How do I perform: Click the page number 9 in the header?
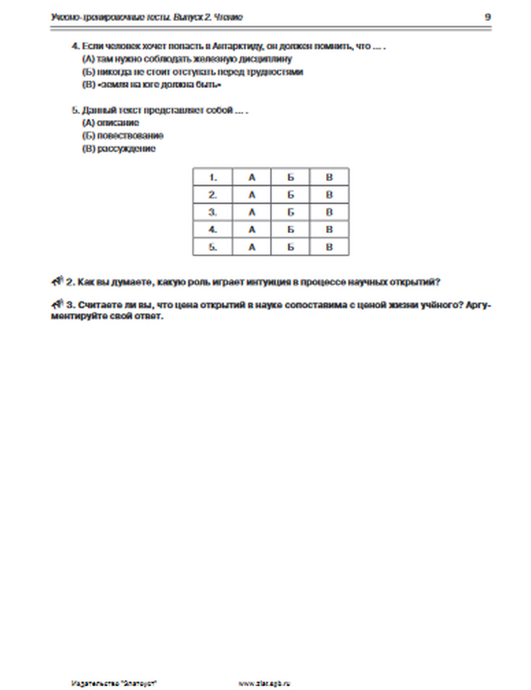tap(487, 17)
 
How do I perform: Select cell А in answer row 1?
tap(252, 177)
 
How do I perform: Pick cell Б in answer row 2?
tap(290, 195)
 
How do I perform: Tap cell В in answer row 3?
tap(329, 212)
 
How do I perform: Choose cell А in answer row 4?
tap(252, 230)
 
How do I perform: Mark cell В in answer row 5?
tap(329, 247)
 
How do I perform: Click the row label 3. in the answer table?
tap(212, 212)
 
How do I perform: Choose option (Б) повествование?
tap(123, 136)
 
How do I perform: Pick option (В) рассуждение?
tap(118, 149)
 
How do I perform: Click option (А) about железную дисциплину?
tap(186, 59)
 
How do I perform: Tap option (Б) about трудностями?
tap(192, 72)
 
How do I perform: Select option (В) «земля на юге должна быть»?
tap(151, 85)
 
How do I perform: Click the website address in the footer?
tap(264, 684)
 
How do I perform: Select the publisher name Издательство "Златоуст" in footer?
tap(114, 684)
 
